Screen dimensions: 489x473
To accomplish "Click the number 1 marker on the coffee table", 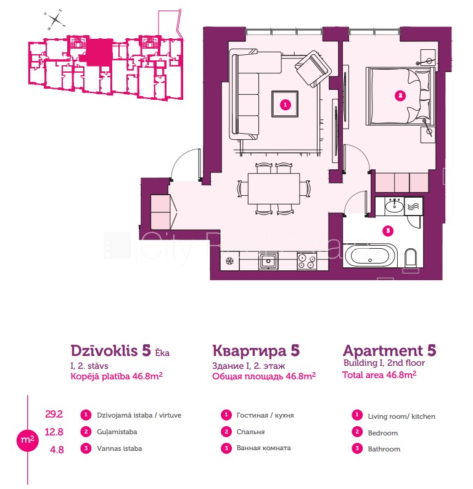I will [x=285, y=105].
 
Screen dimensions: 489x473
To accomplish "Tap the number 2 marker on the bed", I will [x=400, y=95].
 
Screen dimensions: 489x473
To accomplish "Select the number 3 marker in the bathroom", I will [x=387, y=232].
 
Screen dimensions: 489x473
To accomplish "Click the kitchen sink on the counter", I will [x=268, y=262].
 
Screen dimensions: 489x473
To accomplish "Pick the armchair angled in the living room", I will [x=314, y=67].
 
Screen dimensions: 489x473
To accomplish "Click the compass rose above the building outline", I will [x=56, y=19].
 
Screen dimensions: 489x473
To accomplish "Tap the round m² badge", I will [x=26, y=440].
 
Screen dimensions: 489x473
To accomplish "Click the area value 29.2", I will [x=54, y=414].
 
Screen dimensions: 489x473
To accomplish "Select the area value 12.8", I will [x=54, y=432].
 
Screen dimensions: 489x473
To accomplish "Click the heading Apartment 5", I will [x=390, y=350].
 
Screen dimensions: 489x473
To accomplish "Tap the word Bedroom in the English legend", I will [x=382, y=433].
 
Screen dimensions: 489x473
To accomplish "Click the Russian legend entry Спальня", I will [x=250, y=432].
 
